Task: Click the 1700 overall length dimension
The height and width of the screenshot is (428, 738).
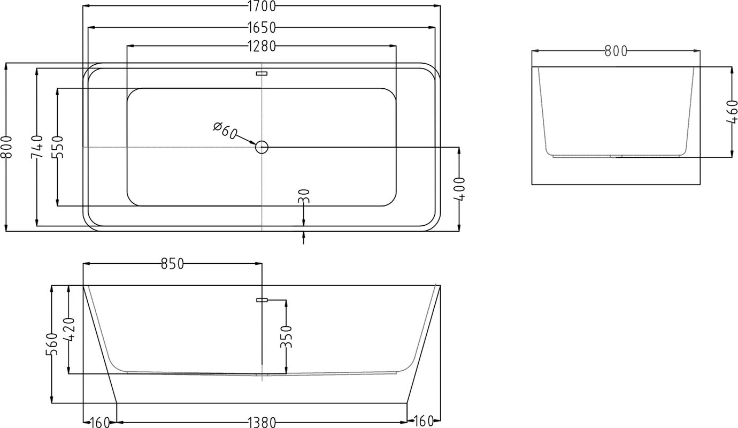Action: tap(262, 6)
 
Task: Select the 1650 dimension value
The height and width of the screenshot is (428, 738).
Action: tap(262, 28)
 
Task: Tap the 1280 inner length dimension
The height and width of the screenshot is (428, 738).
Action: tap(262, 47)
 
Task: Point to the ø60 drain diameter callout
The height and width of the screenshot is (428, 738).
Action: tap(225, 131)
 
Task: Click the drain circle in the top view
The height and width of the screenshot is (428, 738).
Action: tap(262, 147)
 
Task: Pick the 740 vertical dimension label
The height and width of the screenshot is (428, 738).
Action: tap(36, 147)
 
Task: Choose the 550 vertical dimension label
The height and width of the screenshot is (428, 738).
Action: tap(57, 147)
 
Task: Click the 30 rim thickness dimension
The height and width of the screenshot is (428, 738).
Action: tap(304, 196)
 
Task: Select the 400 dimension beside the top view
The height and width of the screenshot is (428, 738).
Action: tap(459, 189)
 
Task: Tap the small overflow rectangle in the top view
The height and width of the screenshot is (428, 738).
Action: tap(262, 73)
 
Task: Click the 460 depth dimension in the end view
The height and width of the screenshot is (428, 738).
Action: tap(732, 112)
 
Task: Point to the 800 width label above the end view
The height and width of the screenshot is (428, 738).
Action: tap(616, 51)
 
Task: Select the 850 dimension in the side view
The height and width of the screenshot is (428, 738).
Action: tap(172, 264)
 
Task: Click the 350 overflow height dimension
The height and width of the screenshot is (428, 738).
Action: tap(286, 337)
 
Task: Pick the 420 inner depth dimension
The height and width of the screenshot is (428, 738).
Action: tap(68, 330)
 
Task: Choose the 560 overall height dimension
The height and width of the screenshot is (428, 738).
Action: tap(52, 344)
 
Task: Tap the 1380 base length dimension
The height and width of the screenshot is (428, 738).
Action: tap(262, 422)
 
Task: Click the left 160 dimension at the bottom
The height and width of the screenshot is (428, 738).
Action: tap(100, 422)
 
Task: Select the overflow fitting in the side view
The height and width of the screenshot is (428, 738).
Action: tap(262, 300)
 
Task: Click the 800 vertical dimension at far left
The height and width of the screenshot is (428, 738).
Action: tap(6, 147)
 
